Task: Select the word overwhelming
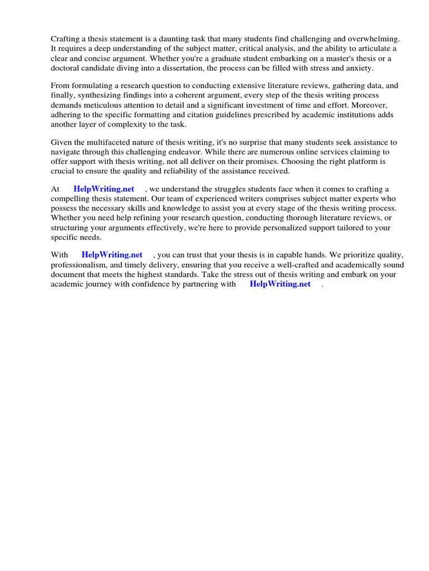click(x=379, y=39)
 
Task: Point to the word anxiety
click(x=357, y=68)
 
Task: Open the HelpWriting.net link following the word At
click(x=104, y=189)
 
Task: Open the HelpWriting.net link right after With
click(x=112, y=255)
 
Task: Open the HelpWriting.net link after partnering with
click(x=280, y=284)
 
